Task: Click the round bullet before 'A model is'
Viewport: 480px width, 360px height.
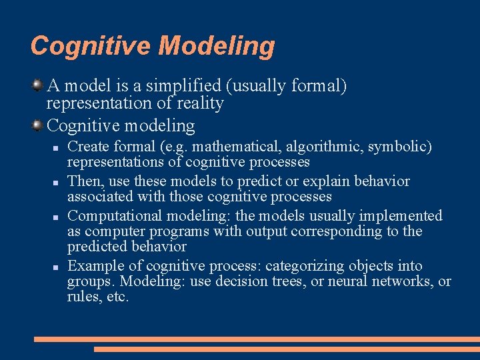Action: point(38,85)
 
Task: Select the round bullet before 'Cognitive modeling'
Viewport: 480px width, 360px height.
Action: point(38,125)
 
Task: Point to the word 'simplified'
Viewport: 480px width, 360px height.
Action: point(183,86)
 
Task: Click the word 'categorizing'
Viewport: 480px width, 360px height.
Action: point(304,266)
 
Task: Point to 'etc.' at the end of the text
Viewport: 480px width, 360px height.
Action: point(117,297)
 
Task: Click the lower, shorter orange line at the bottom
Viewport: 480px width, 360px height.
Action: point(287,349)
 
